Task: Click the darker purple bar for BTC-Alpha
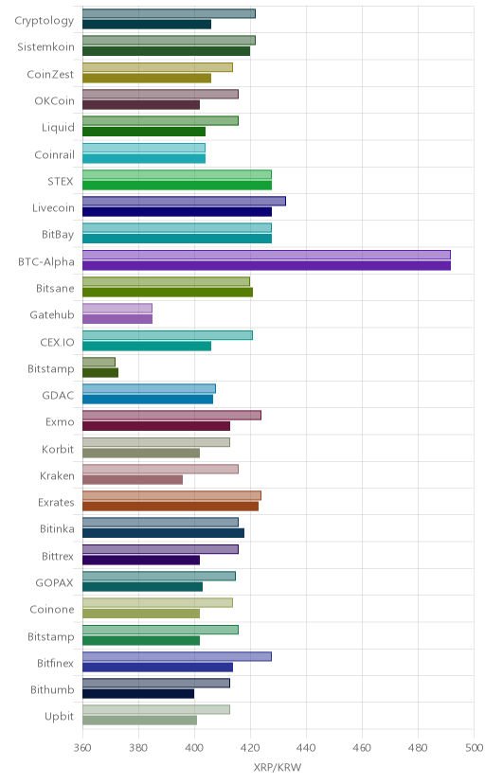point(266,265)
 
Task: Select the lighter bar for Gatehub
point(117,308)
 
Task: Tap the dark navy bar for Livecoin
point(177,212)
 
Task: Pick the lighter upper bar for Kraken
point(160,469)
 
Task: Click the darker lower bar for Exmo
point(156,426)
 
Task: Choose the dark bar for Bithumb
point(138,694)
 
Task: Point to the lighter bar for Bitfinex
point(177,656)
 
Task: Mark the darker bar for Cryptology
point(147,25)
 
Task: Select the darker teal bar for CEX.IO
point(147,346)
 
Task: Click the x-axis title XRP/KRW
point(278,768)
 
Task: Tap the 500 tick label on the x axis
point(474,748)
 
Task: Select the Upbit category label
point(60,717)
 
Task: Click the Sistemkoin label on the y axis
point(46,47)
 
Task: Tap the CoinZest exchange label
point(50,74)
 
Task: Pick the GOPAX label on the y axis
point(55,582)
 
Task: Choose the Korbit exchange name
point(58,449)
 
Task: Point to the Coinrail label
point(55,154)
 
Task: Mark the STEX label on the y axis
point(61,181)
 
